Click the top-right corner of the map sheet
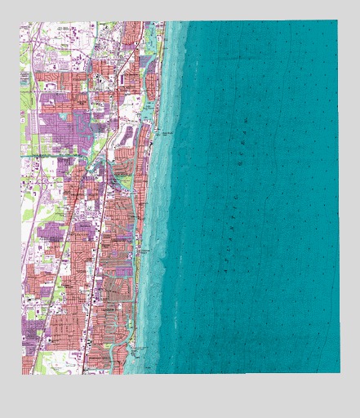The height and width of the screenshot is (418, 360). pyautogui.click(x=336, y=20)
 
